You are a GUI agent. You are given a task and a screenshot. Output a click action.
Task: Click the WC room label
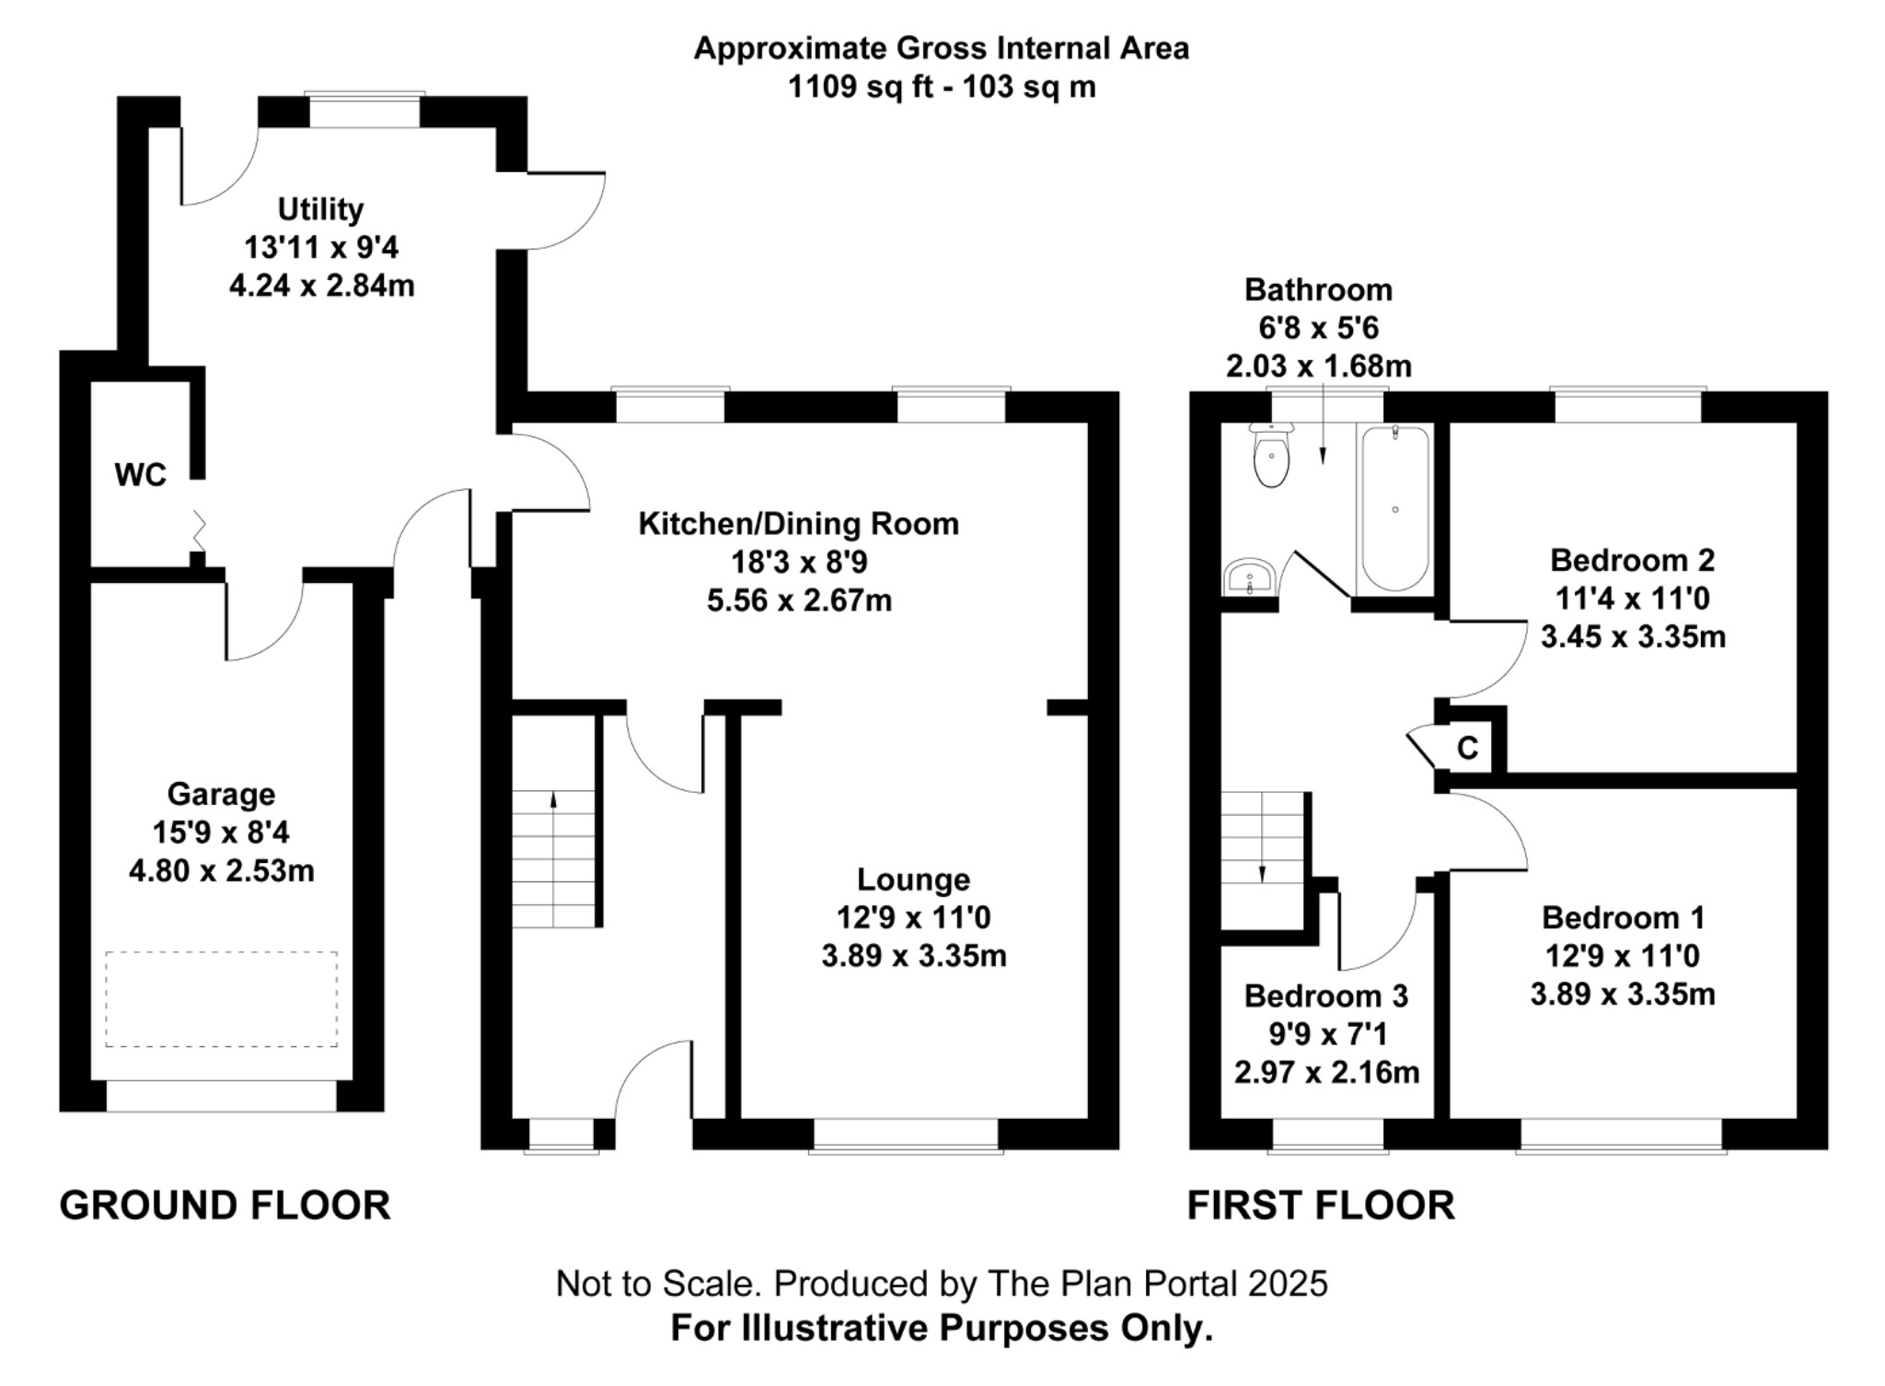pos(140,475)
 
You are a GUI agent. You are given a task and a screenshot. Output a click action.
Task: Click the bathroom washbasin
pos(1249,577)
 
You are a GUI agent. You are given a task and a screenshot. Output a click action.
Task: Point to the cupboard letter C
pos(1467,748)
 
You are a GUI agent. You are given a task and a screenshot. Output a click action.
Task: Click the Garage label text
pos(221,794)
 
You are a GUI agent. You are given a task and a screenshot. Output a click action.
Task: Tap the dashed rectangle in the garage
pos(221,999)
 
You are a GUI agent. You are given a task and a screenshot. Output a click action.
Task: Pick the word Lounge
pos(913,879)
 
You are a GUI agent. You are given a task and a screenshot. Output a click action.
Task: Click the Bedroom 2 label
pos(1632,560)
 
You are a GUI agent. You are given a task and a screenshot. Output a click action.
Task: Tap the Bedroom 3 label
pos(1326,996)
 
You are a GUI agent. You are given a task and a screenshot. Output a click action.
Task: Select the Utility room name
pos(320,210)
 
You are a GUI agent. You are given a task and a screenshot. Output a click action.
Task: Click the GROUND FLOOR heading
pos(226,1205)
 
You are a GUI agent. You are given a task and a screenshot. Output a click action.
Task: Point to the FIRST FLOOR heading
pos(1321,1205)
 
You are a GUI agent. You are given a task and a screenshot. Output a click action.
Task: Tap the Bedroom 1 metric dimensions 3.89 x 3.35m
pos(1623,995)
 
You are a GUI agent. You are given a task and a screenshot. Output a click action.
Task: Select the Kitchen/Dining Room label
pos(799,524)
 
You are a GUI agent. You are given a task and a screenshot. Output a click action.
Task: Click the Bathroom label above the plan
pos(1318,290)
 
